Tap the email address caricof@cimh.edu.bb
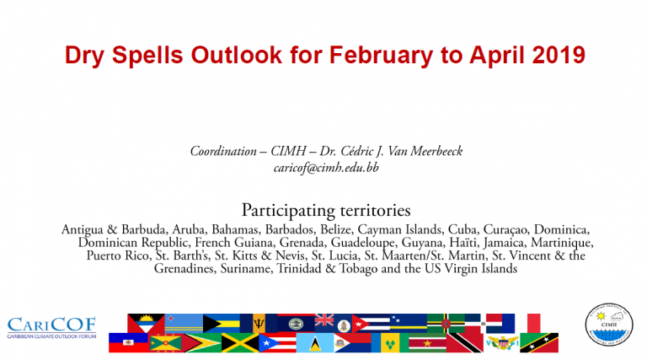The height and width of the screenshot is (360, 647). click(x=326, y=168)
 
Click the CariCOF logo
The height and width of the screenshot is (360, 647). click(x=51, y=327)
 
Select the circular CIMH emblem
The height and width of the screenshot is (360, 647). click(x=609, y=325)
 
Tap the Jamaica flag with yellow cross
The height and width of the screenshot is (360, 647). click(x=240, y=342)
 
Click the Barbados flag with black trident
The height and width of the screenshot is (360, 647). click(x=259, y=323)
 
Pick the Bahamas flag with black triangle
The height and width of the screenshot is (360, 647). click(x=222, y=323)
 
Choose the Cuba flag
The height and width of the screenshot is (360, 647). click(x=371, y=323)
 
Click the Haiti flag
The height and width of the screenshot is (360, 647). click(x=128, y=342)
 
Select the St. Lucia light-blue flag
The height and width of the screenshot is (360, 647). click(x=315, y=342)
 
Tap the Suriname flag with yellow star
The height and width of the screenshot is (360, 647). click(x=427, y=342)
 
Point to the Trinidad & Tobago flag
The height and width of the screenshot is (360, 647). click(x=465, y=342)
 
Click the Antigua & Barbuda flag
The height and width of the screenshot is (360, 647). click(x=146, y=323)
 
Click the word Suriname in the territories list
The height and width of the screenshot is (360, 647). click(x=245, y=269)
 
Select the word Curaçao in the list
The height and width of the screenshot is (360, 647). click(x=505, y=229)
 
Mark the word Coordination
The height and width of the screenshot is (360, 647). click(x=223, y=151)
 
